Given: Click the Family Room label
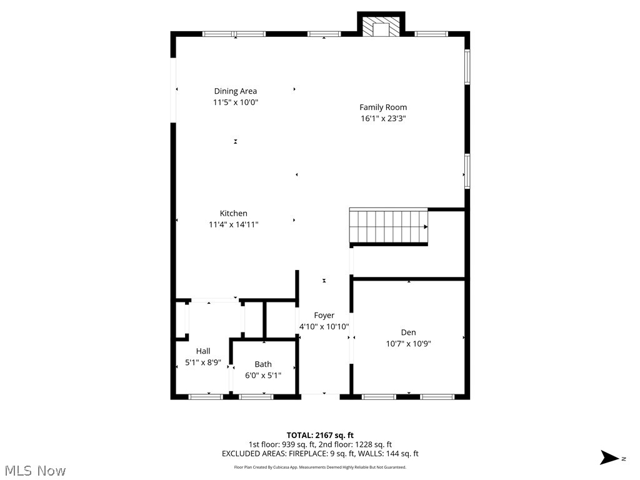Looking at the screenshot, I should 382,107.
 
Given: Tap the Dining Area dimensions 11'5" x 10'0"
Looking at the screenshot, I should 235,102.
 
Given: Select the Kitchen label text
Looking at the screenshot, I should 233,213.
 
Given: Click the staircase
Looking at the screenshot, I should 388,226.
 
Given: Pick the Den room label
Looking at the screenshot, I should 408,332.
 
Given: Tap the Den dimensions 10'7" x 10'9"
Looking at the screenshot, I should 408,343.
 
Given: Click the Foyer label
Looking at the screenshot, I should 324,316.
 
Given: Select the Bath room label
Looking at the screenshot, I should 263,364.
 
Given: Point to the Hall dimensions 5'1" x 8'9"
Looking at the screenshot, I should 203,362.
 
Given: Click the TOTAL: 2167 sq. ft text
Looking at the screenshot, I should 320,435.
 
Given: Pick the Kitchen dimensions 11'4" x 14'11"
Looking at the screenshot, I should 233,224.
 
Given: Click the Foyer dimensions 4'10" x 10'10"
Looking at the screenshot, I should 324,326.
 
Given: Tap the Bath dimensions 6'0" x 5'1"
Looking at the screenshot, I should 263,376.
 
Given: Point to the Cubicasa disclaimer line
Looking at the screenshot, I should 320,467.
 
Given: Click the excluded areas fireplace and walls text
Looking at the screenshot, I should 320,454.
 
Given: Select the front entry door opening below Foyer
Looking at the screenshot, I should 324,394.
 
